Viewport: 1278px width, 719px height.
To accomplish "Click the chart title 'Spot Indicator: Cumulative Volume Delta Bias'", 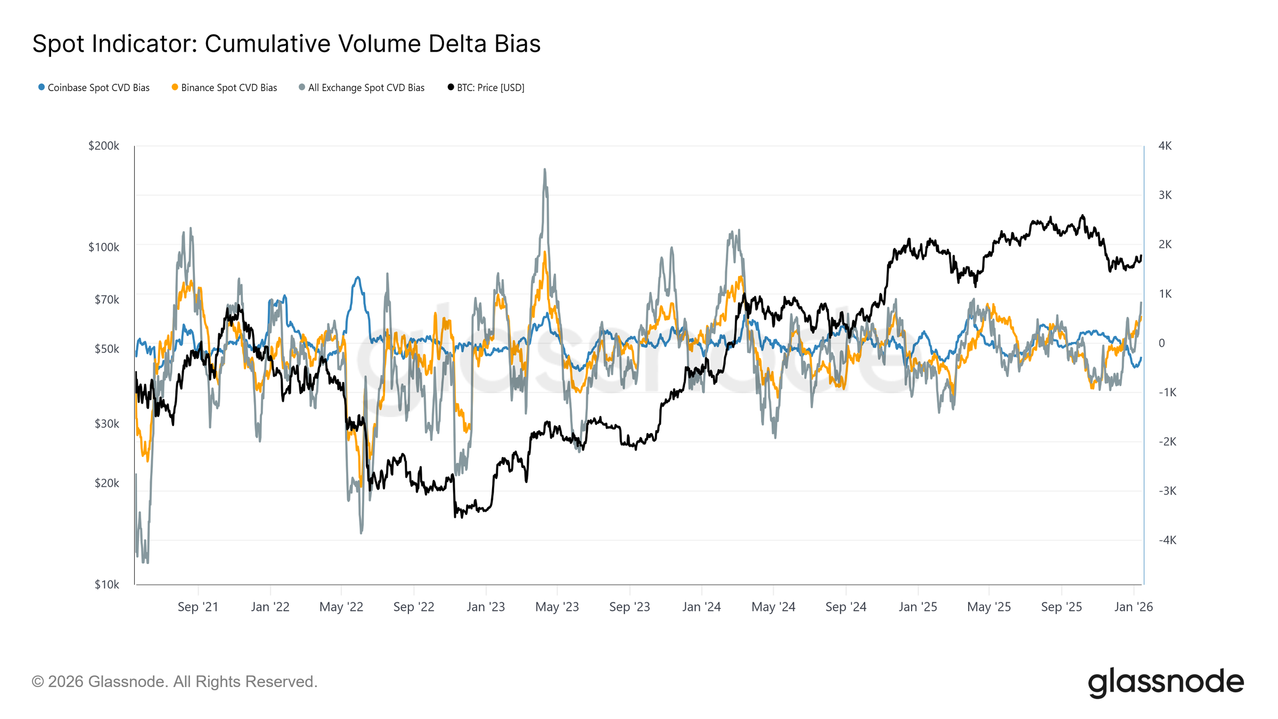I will (x=286, y=44).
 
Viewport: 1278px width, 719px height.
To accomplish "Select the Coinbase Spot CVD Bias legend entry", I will (x=94, y=88).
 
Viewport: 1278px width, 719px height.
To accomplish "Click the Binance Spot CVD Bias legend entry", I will (x=224, y=88).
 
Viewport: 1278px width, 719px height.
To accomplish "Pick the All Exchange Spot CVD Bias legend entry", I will (x=362, y=88).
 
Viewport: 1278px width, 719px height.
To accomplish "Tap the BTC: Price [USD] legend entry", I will (x=486, y=88).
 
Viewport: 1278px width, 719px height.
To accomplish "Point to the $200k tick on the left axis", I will (x=104, y=146).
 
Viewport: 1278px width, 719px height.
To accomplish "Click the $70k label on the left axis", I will (x=106, y=300).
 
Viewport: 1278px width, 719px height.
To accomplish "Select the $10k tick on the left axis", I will (x=106, y=585).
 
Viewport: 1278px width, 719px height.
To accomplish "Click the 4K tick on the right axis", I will (x=1165, y=146).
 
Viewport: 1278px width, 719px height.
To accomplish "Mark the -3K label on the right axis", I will (x=1167, y=491).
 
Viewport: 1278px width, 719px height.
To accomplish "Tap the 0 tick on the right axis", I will (x=1161, y=344).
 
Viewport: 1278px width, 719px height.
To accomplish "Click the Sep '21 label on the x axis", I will (x=198, y=607).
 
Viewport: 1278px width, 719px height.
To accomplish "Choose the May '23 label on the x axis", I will (x=556, y=607).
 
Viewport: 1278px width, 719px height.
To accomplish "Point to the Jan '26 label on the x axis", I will (x=1133, y=607).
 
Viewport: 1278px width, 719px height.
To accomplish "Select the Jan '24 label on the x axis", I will (x=701, y=607).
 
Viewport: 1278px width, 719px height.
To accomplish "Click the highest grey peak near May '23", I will (x=544, y=170).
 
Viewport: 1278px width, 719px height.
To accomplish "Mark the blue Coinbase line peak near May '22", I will (x=358, y=277).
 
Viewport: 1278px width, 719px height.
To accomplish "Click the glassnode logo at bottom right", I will (x=1165, y=682).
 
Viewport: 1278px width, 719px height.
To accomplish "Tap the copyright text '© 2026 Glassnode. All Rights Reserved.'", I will (x=175, y=682).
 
